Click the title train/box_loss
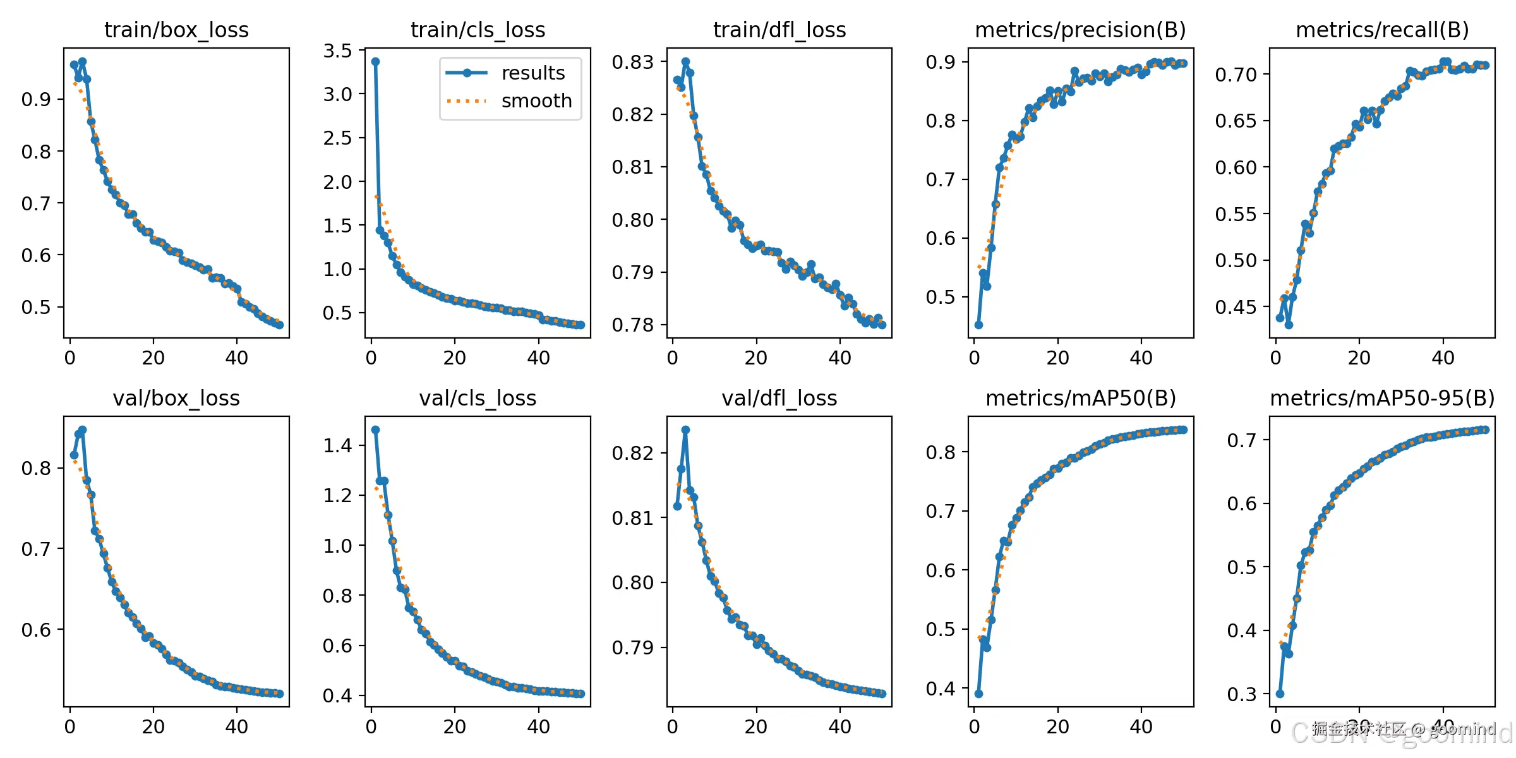point(176,30)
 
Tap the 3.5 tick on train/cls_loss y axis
point(337,51)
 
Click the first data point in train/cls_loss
point(375,62)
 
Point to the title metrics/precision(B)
point(1080,30)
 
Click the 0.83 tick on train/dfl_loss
point(632,62)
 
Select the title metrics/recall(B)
point(1382,30)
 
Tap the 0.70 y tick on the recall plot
point(1236,75)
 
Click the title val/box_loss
point(176,398)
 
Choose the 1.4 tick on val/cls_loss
point(337,445)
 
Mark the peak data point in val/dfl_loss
point(685,430)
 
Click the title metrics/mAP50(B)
point(1080,398)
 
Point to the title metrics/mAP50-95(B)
point(1382,398)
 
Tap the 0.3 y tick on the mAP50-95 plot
point(1242,694)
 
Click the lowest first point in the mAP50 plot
point(978,694)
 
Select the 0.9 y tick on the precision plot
point(941,62)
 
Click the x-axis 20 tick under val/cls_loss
point(455,726)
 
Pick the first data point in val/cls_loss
point(375,430)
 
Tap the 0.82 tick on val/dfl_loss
point(632,453)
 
